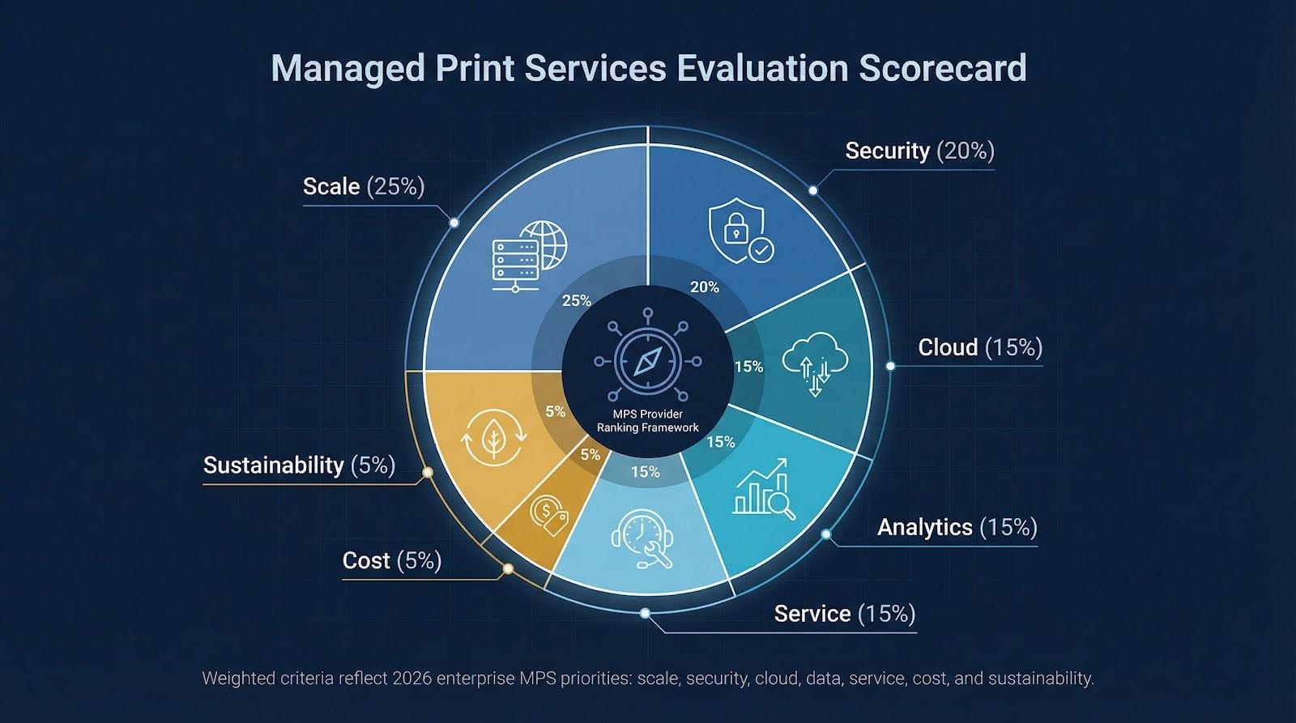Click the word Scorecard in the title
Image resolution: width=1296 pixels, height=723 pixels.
[942, 68]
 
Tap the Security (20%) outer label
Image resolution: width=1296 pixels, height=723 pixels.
[919, 151]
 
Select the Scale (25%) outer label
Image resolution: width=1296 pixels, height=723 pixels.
[364, 186]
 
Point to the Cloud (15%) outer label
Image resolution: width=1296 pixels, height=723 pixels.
[980, 347]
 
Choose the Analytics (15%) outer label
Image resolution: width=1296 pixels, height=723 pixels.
[957, 527]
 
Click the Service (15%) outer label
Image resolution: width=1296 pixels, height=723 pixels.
[844, 614]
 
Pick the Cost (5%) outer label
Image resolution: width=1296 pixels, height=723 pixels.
[392, 560]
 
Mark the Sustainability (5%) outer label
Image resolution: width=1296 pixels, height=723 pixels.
[299, 465]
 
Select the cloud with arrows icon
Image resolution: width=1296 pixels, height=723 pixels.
[816, 364]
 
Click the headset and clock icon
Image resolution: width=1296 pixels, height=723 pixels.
[641, 538]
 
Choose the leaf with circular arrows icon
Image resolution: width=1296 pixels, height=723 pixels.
[493, 440]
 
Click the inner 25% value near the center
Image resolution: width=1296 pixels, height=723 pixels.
[576, 300]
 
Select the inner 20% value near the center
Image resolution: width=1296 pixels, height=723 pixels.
[704, 287]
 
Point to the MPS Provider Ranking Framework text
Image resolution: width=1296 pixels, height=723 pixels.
[647, 421]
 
